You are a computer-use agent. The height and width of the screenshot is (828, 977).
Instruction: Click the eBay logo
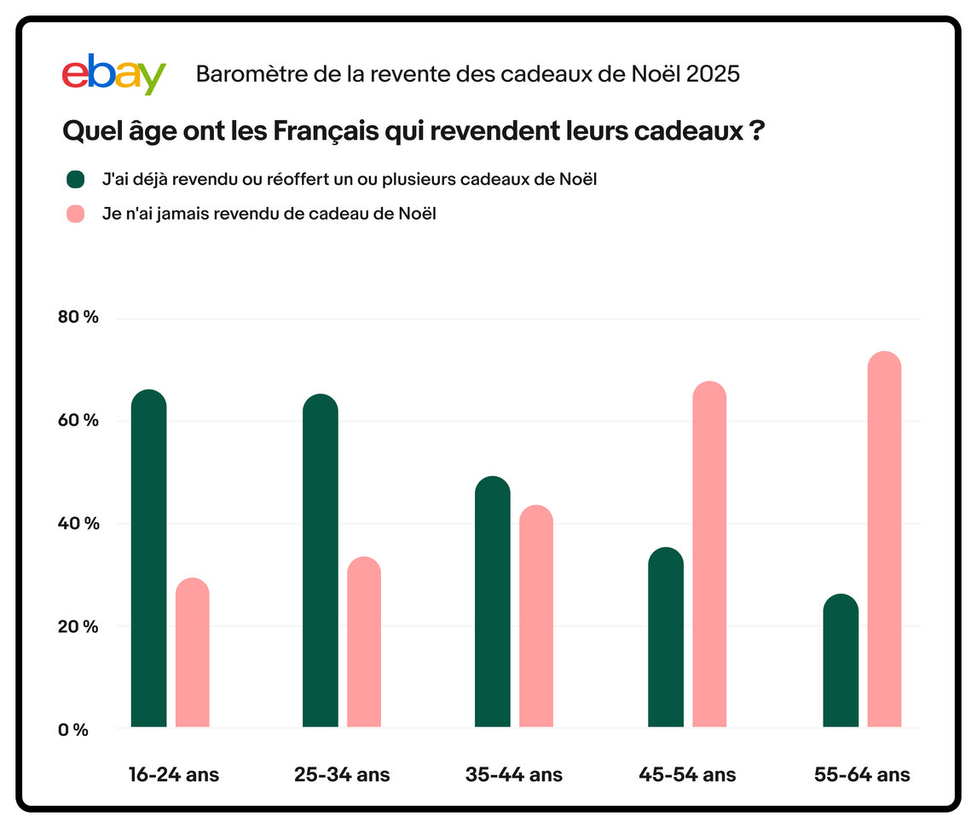click(x=113, y=74)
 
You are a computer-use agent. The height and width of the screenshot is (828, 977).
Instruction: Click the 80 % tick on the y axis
click(x=78, y=318)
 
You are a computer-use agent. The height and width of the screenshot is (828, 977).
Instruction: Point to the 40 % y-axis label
click(x=78, y=523)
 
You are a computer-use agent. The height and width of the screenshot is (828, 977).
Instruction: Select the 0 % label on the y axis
click(x=74, y=729)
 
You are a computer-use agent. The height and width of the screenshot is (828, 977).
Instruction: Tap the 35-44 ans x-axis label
click(x=514, y=775)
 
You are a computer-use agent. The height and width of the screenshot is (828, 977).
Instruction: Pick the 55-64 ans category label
click(x=862, y=775)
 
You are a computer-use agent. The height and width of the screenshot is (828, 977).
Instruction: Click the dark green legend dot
click(x=76, y=179)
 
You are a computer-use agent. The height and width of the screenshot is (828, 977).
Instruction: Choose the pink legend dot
click(x=76, y=215)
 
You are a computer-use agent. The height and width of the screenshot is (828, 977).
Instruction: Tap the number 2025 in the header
click(x=713, y=74)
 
